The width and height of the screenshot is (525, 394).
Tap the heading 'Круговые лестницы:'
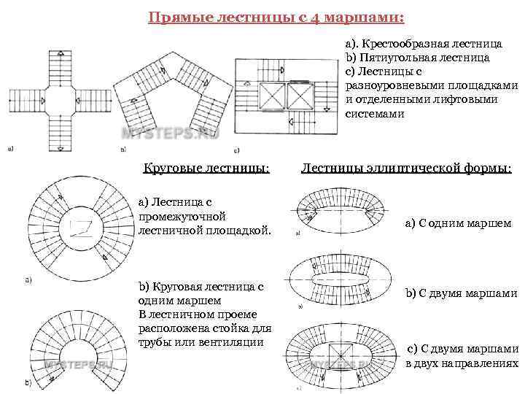coord(206,169)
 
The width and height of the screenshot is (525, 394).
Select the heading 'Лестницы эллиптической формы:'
coord(406,169)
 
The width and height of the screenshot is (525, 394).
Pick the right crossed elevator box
coord(302,96)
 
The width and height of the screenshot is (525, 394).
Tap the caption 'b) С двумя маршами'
coord(461,293)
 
